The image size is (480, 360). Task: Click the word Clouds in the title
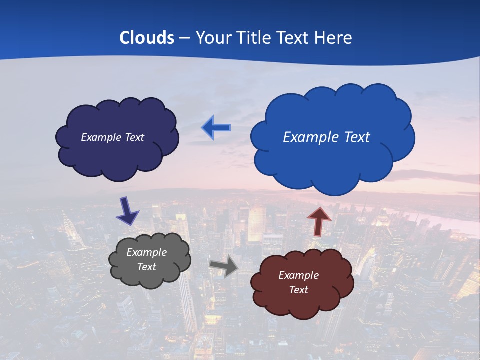(147, 38)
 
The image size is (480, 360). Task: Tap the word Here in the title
(334, 38)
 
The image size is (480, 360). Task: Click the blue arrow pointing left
(216, 128)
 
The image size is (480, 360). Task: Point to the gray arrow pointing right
(223, 266)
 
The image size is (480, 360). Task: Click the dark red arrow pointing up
(319, 221)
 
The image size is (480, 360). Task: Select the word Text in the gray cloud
(146, 267)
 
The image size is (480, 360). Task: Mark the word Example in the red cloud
(298, 275)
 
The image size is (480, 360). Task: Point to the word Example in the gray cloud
(146, 252)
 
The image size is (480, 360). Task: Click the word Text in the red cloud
(298, 290)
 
